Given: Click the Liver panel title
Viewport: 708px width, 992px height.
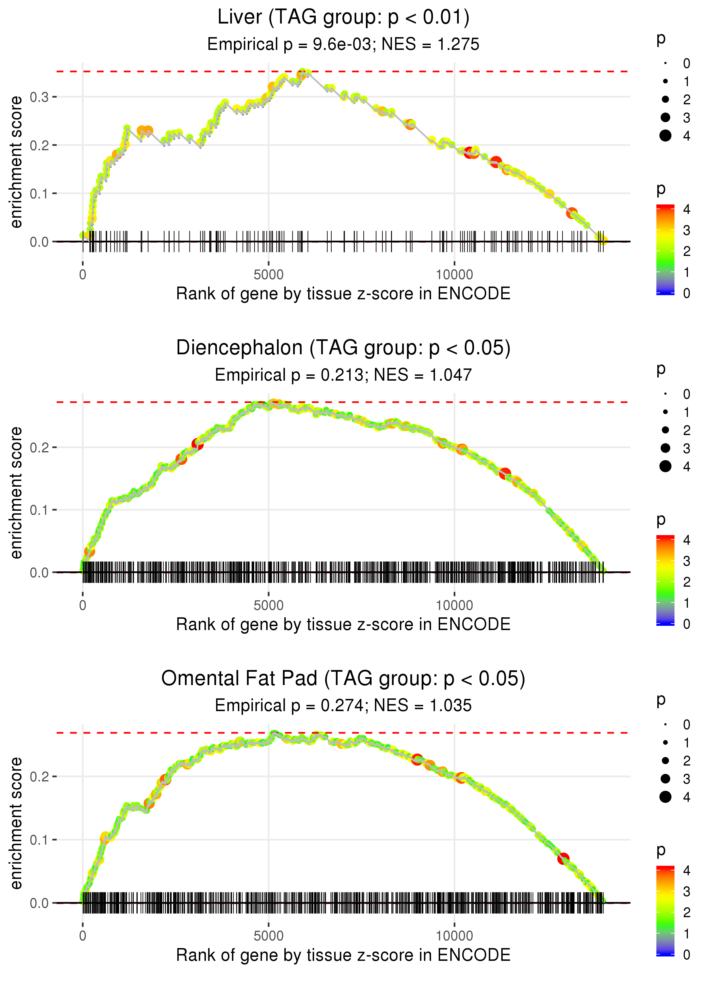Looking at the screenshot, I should (343, 18).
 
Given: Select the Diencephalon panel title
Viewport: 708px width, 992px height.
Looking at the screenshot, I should (343, 348).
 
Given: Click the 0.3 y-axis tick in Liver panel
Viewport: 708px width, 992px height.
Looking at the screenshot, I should (39, 97).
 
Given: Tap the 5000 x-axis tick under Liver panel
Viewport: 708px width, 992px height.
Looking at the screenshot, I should (268, 275).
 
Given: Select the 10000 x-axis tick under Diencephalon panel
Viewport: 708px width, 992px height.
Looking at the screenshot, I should (454, 605).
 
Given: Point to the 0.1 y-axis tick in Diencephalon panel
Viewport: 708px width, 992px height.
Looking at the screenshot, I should (39, 510).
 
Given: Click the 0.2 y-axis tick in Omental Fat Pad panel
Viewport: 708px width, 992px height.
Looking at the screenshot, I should (39, 777).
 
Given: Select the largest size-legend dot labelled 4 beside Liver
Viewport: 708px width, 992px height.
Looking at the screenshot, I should (665, 136).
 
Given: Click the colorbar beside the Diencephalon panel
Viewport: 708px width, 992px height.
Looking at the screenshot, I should (665, 580).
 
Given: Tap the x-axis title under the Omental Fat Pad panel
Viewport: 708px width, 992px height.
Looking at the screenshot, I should (343, 955).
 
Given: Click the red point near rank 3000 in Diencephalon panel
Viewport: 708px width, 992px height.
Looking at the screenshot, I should (197, 444).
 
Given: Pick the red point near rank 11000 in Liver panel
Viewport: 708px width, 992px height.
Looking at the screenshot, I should (496, 162).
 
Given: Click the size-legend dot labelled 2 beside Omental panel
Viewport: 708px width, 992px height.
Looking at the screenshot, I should (665, 761).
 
